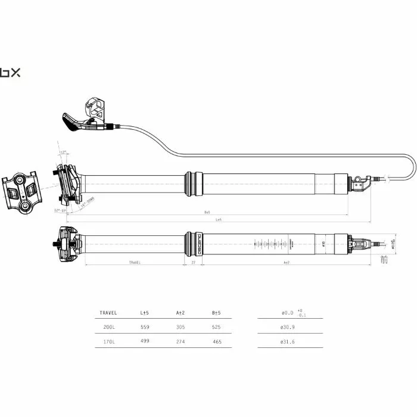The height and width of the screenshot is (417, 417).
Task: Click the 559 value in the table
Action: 144,326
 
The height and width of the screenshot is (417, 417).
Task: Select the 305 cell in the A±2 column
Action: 180,326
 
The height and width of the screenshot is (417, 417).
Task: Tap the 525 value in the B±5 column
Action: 216,326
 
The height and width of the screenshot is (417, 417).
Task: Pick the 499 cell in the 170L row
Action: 144,341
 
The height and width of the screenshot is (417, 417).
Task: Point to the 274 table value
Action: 180,341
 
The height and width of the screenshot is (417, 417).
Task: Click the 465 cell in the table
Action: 216,341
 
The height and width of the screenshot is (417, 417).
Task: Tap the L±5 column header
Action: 144,312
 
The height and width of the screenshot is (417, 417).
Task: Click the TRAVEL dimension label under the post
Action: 134,262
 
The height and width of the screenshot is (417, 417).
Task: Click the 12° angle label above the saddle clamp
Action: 63,153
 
